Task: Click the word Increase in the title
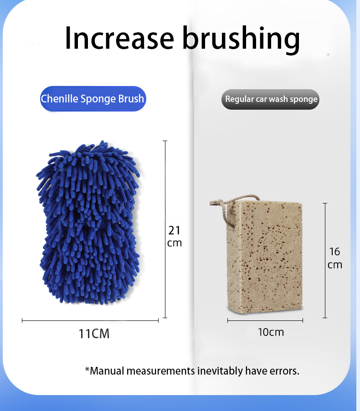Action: (119, 38)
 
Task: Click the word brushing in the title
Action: (241, 40)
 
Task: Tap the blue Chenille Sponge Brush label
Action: (93, 99)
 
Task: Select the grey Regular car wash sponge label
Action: (271, 99)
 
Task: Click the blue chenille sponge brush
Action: (88, 223)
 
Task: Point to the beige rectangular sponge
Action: (264, 257)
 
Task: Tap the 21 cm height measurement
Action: (175, 236)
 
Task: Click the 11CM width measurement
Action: (94, 334)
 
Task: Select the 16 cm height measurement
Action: (335, 258)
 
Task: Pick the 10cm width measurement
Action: (271, 332)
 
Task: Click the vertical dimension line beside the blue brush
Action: (165, 229)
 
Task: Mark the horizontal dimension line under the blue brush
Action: (90, 320)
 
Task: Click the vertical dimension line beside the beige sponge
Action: (325, 260)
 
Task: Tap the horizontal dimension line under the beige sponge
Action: (265, 320)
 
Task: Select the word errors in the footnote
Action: (288, 371)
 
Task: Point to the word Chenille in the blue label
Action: (60, 99)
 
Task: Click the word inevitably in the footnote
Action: (220, 371)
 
